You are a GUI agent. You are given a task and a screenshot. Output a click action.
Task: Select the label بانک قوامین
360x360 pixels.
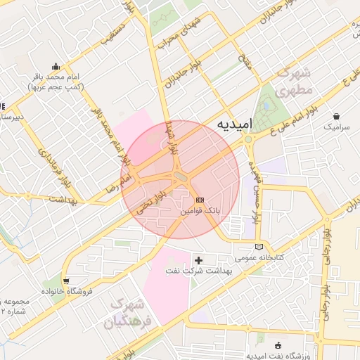[x=200, y=210]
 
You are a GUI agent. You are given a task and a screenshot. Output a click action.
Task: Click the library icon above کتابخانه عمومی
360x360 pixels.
[x=260, y=247]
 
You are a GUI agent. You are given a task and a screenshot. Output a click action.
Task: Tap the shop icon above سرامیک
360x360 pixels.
[x=337, y=116]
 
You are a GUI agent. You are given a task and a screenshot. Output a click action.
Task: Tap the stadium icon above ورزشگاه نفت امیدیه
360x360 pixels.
[x=278, y=345]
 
